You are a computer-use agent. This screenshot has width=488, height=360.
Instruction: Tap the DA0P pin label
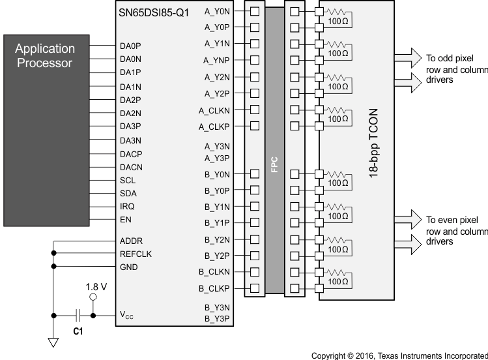[x=130, y=46]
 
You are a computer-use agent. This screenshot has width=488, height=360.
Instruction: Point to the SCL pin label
[x=128, y=180]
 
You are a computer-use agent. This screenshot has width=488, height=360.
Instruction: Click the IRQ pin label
[x=127, y=206]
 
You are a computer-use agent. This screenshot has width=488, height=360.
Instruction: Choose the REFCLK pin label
[x=136, y=254]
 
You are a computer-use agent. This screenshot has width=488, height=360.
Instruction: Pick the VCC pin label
[x=128, y=316]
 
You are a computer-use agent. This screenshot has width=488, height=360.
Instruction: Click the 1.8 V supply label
[x=96, y=286]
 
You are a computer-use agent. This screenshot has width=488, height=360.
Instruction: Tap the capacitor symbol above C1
[x=78, y=316]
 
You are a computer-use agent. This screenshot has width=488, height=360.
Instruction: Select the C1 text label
[x=78, y=331]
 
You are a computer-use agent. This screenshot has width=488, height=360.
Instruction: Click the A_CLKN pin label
[x=214, y=110]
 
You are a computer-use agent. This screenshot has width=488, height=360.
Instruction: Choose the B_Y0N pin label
[x=216, y=174]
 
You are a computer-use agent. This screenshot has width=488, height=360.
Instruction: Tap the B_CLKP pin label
[x=214, y=288]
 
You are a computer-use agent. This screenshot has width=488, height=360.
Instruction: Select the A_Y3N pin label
[x=216, y=146]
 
